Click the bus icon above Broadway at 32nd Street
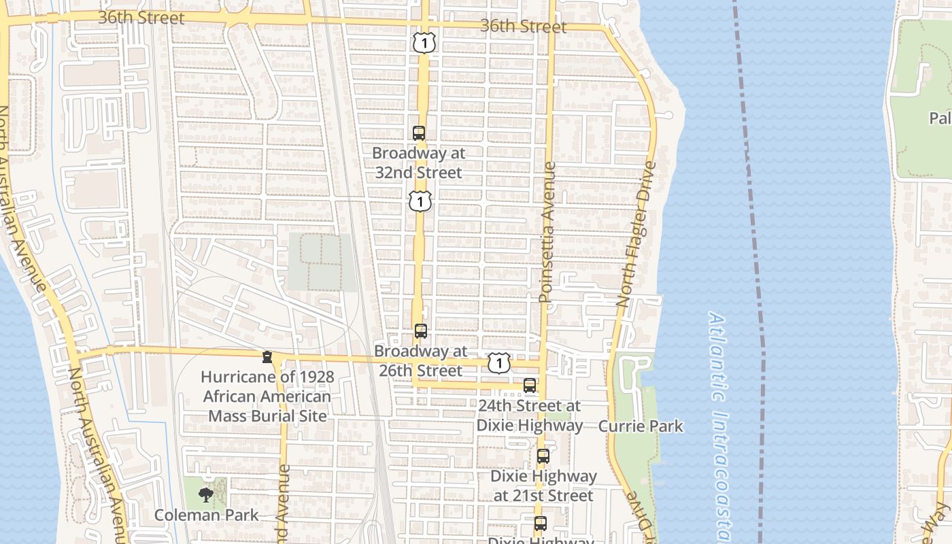point(419,133)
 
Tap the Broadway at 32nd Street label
point(419,163)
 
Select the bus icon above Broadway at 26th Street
point(421,331)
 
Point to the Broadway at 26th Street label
point(421,361)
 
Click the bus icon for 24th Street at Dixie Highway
point(530,386)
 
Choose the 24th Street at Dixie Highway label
point(530,415)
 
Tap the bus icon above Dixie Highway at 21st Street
point(543,456)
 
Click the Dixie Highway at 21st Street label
point(543,486)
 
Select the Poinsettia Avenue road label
point(547,232)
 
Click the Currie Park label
point(641,426)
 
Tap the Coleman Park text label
point(207,515)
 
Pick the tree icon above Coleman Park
point(205,495)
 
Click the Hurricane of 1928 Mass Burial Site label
point(267,396)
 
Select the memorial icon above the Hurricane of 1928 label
point(267,357)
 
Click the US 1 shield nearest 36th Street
point(423,44)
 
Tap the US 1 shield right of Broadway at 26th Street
point(499,363)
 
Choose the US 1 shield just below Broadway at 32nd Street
point(421,201)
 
